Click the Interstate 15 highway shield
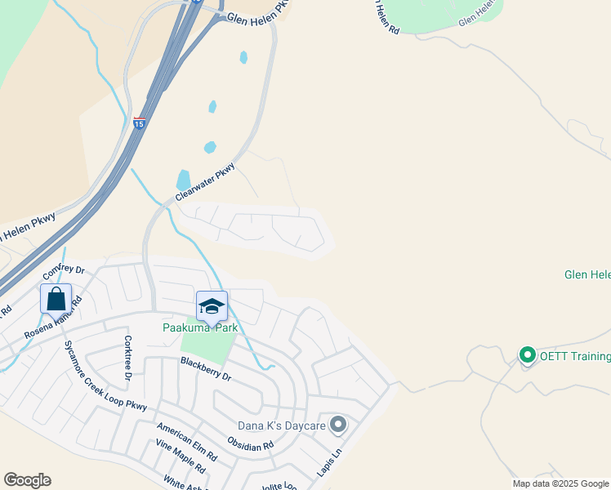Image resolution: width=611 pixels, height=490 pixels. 139,123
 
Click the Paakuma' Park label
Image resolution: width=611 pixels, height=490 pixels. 199,327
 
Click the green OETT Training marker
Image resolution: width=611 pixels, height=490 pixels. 527,355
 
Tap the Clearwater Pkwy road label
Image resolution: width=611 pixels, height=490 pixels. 206,182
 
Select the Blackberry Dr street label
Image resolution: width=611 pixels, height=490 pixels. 207,370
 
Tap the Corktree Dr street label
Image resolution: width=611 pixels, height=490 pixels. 127,358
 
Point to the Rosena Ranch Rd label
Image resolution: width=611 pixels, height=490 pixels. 53,319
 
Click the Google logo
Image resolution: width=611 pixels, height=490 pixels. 27,480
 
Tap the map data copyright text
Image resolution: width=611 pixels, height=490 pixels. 560,483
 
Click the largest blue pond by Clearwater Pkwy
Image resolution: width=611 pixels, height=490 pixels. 183,179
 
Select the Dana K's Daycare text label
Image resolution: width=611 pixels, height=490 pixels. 281,425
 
